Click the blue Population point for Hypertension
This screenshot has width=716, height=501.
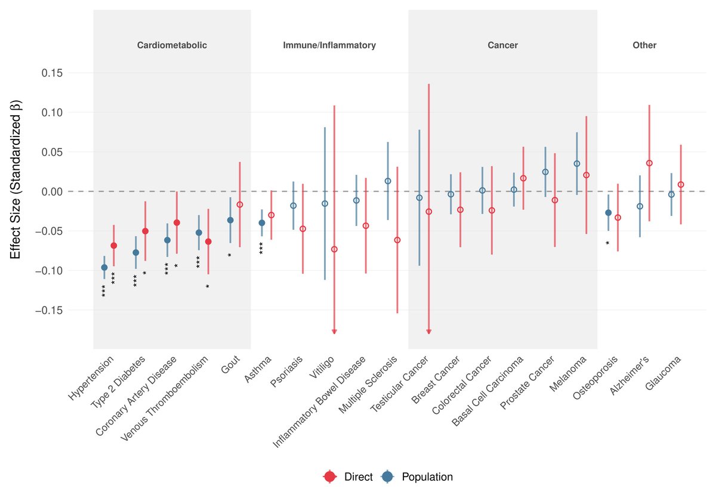(x=104, y=267)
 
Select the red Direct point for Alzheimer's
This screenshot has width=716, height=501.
(x=649, y=163)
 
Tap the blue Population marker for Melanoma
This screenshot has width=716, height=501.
(x=577, y=163)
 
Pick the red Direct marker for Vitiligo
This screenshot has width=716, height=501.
(x=334, y=249)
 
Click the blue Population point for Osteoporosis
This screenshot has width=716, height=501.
(x=608, y=213)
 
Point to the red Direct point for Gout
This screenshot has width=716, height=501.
(x=240, y=205)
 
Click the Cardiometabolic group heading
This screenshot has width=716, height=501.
(x=172, y=45)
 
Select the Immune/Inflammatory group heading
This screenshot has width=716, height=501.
(x=329, y=45)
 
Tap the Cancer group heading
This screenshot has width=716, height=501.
(x=503, y=45)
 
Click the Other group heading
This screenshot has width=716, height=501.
(x=644, y=45)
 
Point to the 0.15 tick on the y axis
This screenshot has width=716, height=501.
(x=52, y=73)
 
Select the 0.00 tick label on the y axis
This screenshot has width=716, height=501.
(x=52, y=191)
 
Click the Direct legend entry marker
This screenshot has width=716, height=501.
(x=330, y=477)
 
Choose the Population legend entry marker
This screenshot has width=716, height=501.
(x=387, y=477)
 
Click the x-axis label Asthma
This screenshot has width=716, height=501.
(x=258, y=369)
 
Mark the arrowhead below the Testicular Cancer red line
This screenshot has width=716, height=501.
(x=429, y=332)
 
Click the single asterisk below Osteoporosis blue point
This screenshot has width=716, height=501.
(x=607, y=243)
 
